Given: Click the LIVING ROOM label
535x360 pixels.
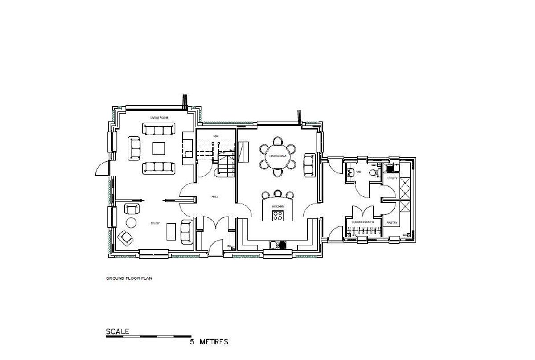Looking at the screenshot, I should click(159, 117).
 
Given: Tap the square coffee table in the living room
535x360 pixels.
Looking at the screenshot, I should click(159, 148).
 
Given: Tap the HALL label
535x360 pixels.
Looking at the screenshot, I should click(215, 196).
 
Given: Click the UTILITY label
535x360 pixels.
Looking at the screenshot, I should click(392, 178).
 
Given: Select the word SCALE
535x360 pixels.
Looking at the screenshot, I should click(117, 331).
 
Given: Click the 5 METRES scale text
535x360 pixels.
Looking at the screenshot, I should click(209, 342).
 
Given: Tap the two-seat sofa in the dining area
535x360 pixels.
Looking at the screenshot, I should click(309, 164).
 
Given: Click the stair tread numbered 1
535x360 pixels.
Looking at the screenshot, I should click(232, 175).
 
